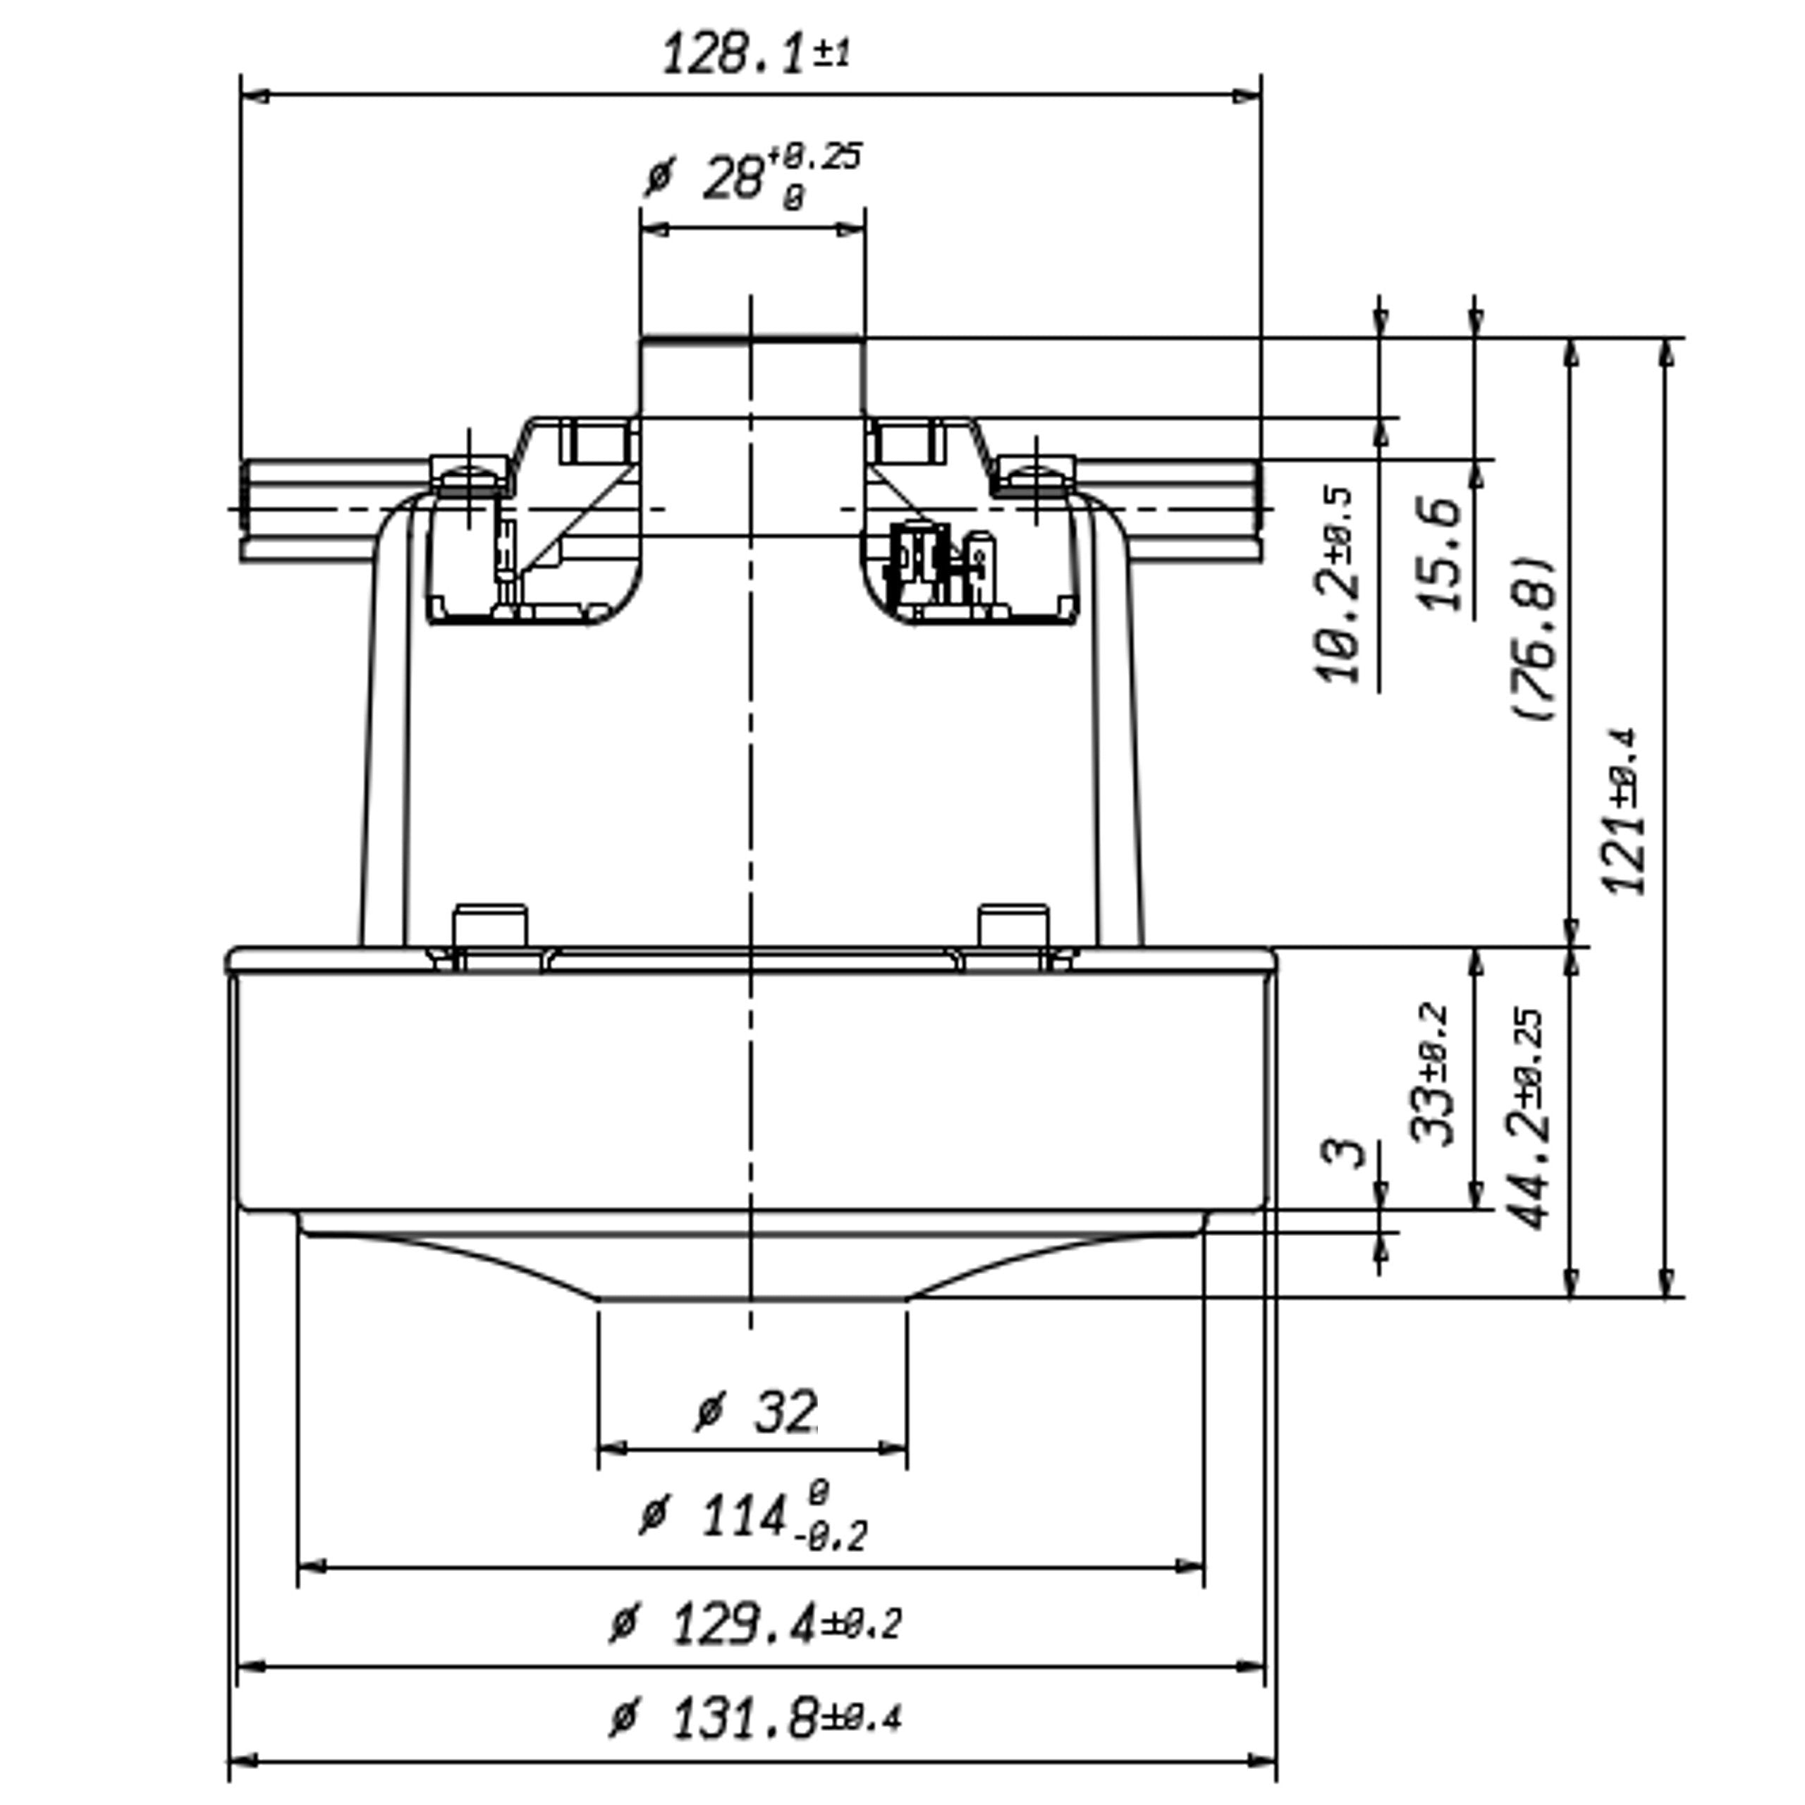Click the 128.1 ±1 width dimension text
click(755, 54)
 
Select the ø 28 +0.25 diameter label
click(753, 176)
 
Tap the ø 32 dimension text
click(757, 1412)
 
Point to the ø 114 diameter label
click(753, 1515)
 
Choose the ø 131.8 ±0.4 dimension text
click(755, 1719)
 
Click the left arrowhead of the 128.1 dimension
click(254, 95)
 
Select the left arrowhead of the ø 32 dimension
click(611, 1449)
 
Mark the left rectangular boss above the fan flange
click(489, 926)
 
